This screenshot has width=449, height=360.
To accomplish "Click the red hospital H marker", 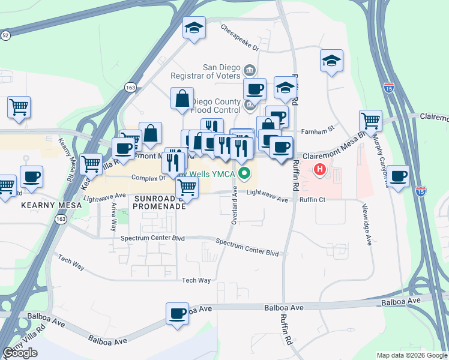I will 320,170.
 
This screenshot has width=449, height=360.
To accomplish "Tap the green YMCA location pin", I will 244,175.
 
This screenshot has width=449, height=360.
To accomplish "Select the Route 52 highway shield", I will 5,36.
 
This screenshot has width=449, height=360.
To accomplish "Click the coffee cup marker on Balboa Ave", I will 178,314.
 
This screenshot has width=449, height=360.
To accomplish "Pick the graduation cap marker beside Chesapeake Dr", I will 194,28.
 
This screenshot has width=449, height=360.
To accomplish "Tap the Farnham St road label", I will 318,130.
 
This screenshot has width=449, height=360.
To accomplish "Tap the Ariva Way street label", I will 113,217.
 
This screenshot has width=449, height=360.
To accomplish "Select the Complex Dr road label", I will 148,178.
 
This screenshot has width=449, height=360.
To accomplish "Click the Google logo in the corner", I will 20,353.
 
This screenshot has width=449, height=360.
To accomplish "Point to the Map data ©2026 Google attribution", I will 412,355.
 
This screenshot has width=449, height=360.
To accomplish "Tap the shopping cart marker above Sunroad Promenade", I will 187,188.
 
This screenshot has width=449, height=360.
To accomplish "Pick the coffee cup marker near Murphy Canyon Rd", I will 399,176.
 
